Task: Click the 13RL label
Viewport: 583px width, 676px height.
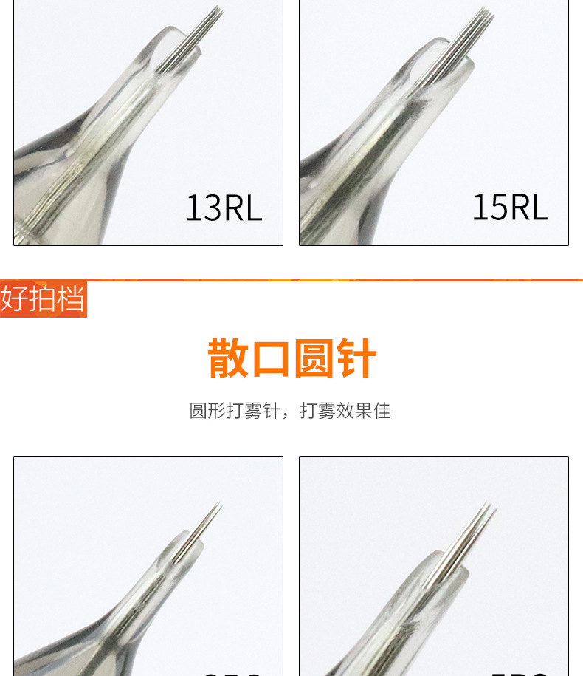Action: click(224, 208)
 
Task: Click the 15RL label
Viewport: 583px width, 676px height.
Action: click(510, 208)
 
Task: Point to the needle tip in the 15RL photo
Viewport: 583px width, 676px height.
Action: click(487, 11)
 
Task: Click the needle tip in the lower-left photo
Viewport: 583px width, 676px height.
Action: click(218, 505)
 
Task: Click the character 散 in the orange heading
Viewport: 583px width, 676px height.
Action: click(229, 359)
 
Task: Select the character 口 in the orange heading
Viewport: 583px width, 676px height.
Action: click(271, 359)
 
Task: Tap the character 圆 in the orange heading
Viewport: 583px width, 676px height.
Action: click(314, 359)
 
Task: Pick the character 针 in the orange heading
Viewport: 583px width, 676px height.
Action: click(357, 359)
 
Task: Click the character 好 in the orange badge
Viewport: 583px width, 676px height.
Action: click(14, 299)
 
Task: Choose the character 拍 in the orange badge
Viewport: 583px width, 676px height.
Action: click(43, 299)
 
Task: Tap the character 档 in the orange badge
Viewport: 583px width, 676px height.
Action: click(71, 299)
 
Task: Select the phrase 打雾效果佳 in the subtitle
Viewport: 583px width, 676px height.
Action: click(345, 411)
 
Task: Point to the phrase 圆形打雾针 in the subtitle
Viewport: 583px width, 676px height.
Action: click(235, 411)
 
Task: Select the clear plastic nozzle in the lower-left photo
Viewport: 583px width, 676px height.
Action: click(155, 591)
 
